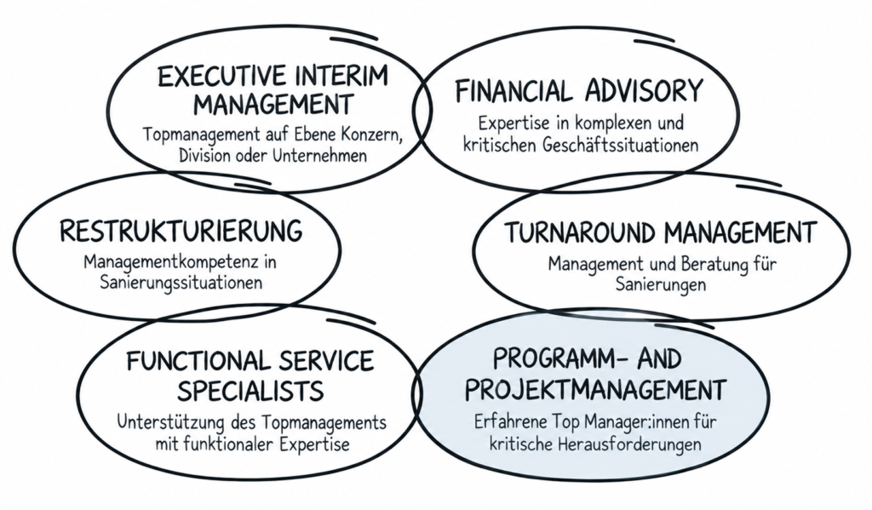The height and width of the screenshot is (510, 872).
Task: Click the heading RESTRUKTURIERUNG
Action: [x=181, y=231]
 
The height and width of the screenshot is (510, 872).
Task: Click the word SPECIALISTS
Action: [x=251, y=391]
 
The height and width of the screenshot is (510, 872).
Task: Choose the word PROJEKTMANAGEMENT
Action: [x=595, y=389]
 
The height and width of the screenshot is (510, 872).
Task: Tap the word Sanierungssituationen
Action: [x=181, y=283]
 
